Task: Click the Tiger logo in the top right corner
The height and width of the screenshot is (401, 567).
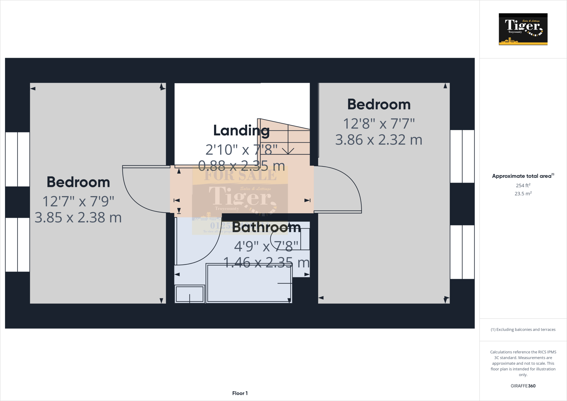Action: (523, 29)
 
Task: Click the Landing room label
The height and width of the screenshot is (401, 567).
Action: (241, 130)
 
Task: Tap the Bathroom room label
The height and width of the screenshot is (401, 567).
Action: (266, 227)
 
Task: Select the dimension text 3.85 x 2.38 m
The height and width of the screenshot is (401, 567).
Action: (78, 218)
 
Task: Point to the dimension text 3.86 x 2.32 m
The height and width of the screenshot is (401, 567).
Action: (378, 140)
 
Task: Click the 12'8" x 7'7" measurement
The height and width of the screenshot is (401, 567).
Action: (379, 124)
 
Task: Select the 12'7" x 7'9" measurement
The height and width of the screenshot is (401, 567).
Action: (78, 201)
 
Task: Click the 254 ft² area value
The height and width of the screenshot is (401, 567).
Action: (523, 185)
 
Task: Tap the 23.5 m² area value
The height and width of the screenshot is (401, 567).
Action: (523, 194)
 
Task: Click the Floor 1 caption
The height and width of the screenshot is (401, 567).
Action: (240, 393)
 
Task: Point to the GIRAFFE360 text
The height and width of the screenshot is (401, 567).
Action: (523, 386)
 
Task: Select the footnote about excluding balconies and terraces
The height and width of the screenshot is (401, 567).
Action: (523, 330)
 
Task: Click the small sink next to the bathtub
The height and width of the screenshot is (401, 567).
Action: (190, 294)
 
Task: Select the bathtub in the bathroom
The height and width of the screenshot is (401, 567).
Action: (249, 283)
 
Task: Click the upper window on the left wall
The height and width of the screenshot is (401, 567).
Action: (17, 159)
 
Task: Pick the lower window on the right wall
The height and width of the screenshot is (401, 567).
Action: (462, 252)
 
